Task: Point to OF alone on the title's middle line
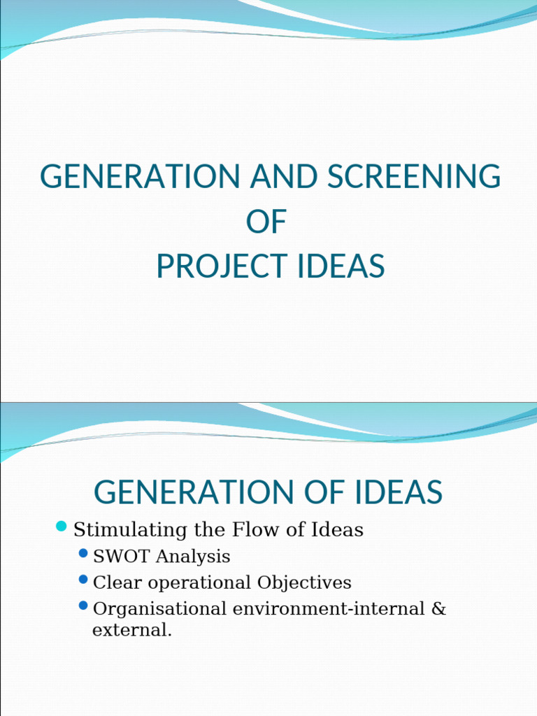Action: click(x=266, y=222)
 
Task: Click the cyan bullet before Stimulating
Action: click(x=61, y=526)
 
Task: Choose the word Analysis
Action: click(x=193, y=557)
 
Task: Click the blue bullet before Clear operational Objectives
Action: click(x=83, y=580)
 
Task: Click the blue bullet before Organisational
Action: click(x=83, y=606)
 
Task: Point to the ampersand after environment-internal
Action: click(x=438, y=608)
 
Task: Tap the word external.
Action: click(x=131, y=630)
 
